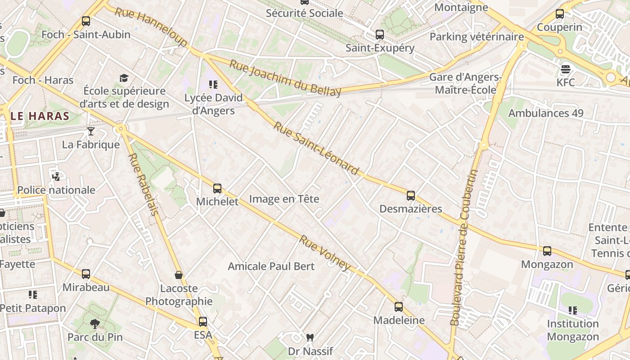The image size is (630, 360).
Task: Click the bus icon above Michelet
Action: pyautogui.click(x=217, y=188)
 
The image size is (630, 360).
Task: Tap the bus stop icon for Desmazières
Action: pyautogui.click(x=410, y=195)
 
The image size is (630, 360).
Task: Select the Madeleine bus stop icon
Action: pyautogui.click(x=399, y=307)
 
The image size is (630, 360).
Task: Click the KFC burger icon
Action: pyautogui.click(x=566, y=69)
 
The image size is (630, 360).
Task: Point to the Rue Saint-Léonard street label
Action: pyautogui.click(x=316, y=148)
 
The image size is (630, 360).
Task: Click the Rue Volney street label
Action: pyautogui.click(x=324, y=253)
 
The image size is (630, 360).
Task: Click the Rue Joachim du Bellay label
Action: pyautogui.click(x=285, y=78)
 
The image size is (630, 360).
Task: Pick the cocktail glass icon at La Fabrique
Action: pyautogui.click(x=91, y=131)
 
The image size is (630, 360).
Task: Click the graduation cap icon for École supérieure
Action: pyautogui.click(x=124, y=78)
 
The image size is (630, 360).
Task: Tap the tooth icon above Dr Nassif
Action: pyautogui.click(x=310, y=337)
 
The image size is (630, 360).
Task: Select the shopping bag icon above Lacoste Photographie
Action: pyautogui.click(x=179, y=275)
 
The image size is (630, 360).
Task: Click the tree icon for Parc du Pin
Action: pyautogui.click(x=94, y=323)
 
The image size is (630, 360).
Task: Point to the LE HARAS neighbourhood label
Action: pyautogui.click(x=40, y=116)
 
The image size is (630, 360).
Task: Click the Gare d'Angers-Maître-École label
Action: pyautogui.click(x=465, y=83)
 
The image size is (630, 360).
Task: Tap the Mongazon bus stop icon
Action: pyautogui.click(x=547, y=251)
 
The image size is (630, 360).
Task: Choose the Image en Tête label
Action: pyautogui.click(x=284, y=199)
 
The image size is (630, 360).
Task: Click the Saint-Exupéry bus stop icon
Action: pyautogui.click(x=380, y=35)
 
